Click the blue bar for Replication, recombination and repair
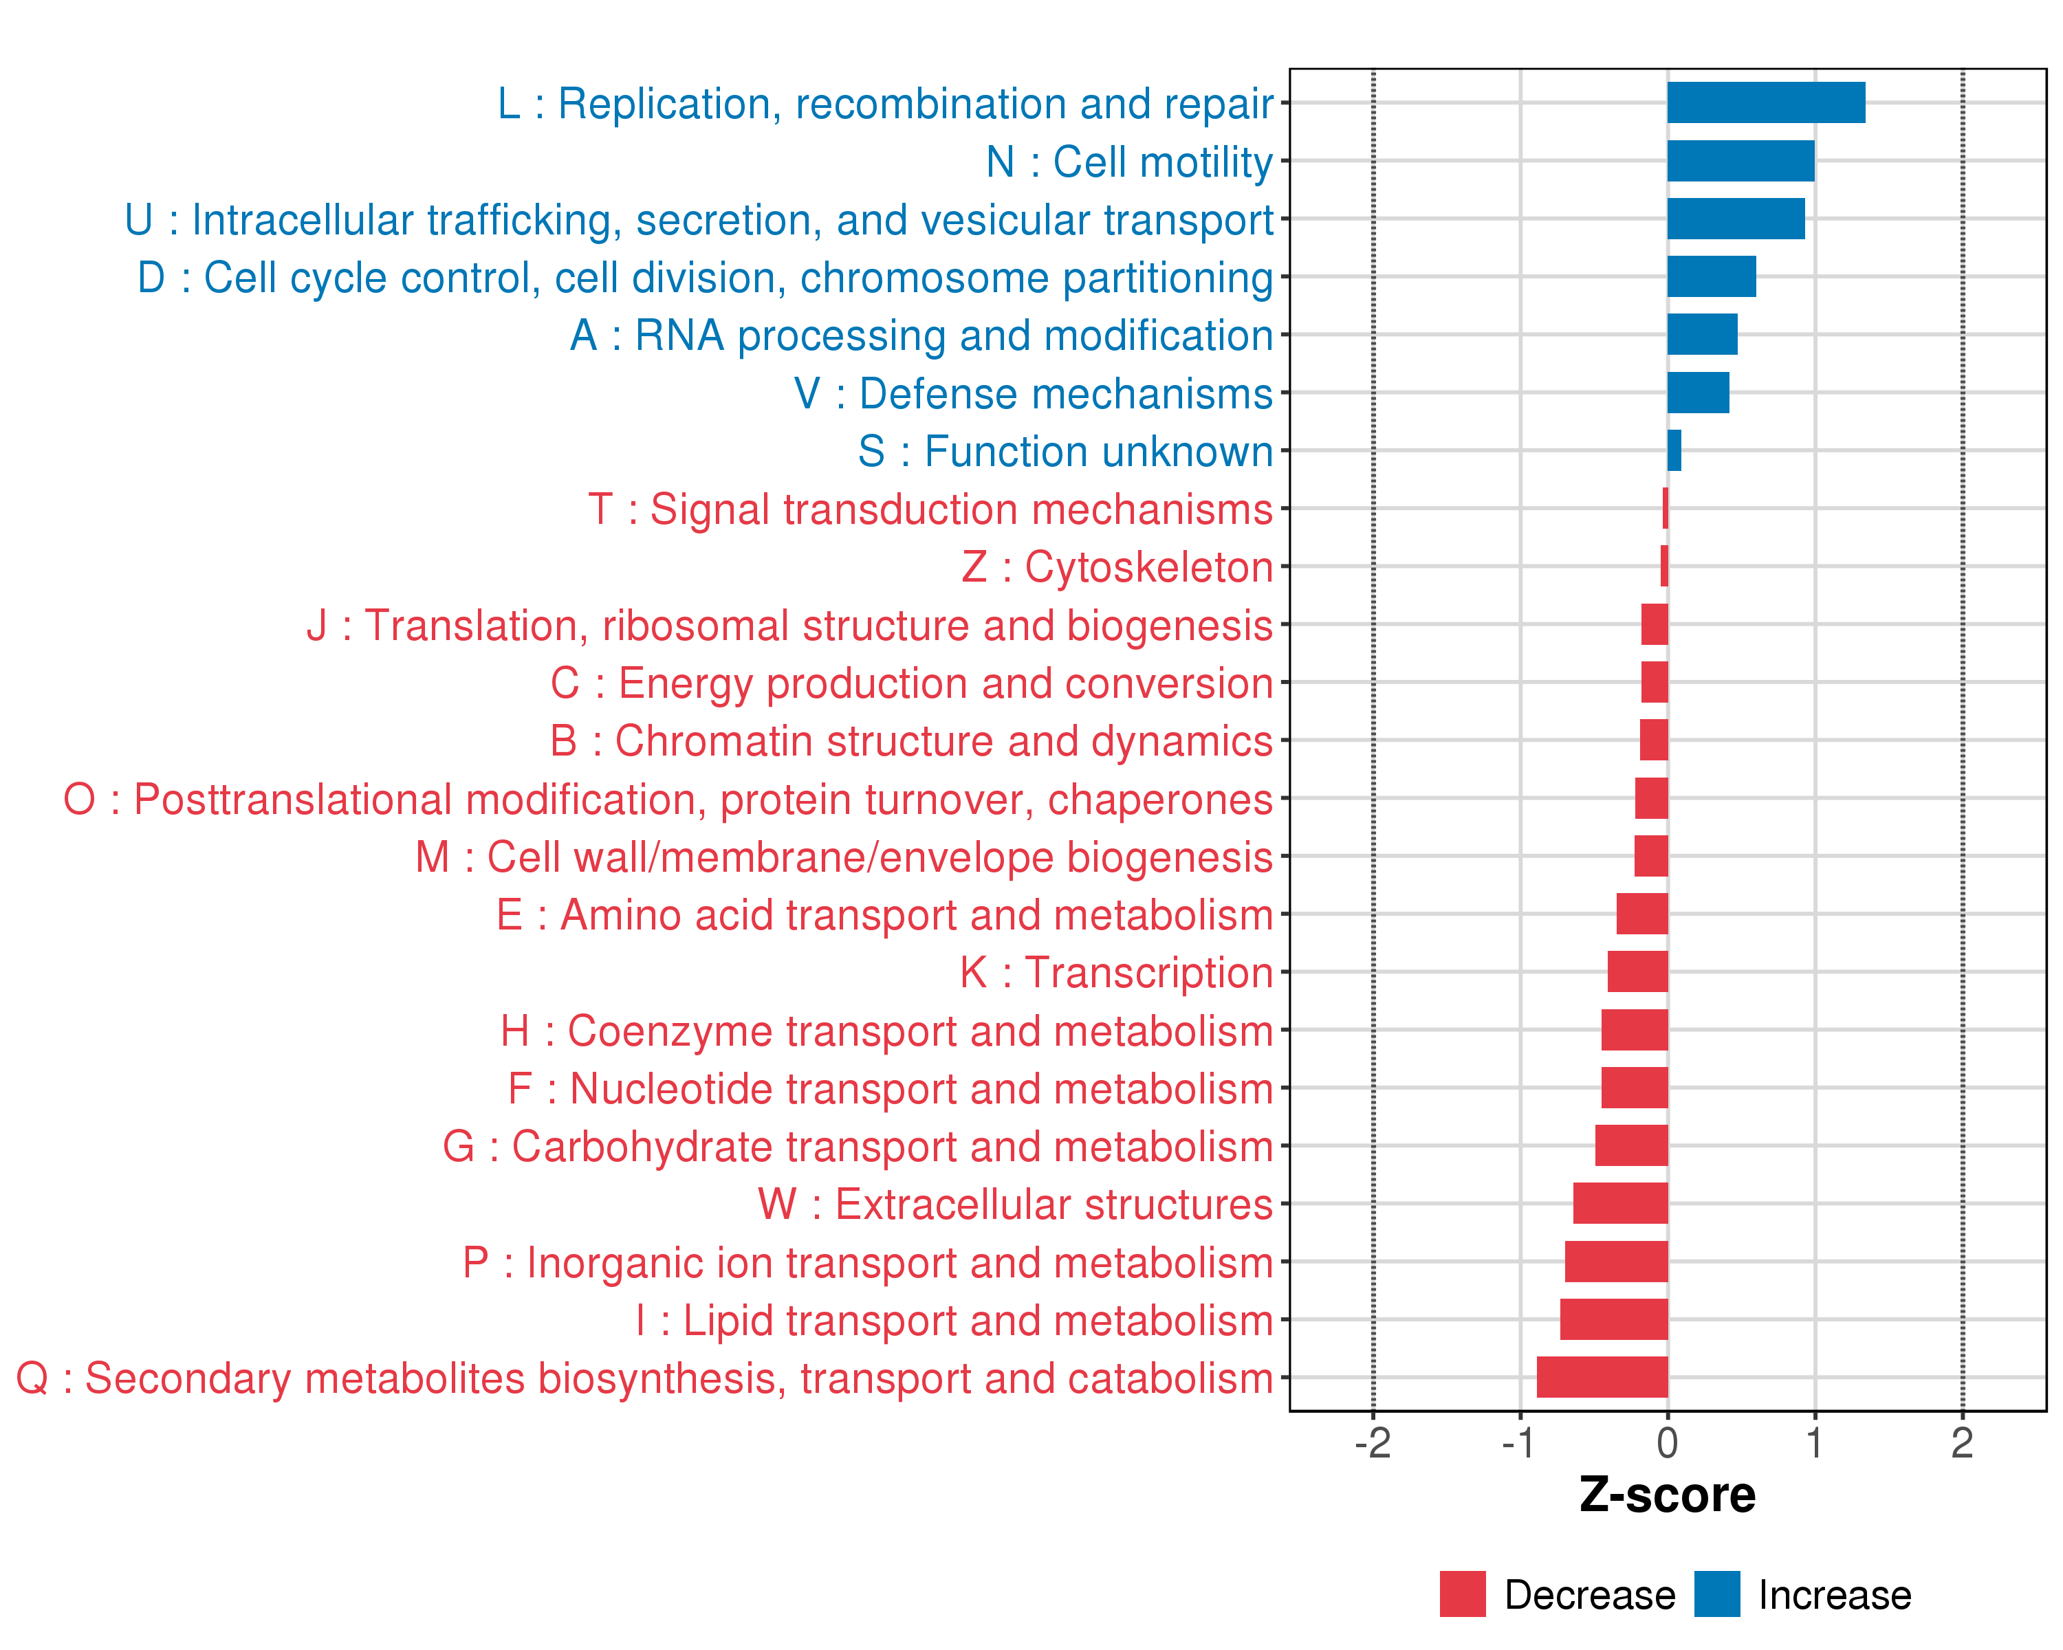point(1765,102)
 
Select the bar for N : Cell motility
point(1740,161)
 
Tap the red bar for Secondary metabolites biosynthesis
point(1602,1377)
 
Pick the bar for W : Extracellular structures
point(1620,1203)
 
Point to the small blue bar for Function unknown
point(1674,450)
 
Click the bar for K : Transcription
point(1637,972)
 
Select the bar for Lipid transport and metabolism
point(1613,1319)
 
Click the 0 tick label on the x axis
point(1668,1442)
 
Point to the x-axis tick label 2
point(1963,1442)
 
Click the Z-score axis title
point(1667,1495)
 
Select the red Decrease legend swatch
point(1462,1594)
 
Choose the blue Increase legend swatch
point(1716,1594)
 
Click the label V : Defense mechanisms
point(1034,394)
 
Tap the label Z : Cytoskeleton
point(1117,567)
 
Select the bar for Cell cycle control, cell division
point(1711,276)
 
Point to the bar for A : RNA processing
point(1702,334)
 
